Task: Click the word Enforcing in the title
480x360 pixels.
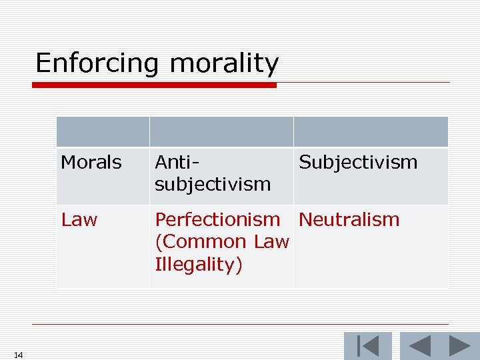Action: point(97,64)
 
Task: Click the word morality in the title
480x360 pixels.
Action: point(224,64)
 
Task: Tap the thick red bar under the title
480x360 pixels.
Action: point(155,85)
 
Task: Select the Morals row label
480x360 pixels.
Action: point(91,163)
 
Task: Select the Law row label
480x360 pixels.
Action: point(79,220)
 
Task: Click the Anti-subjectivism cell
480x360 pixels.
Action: point(213,173)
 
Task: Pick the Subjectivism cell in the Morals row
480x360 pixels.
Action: point(358,163)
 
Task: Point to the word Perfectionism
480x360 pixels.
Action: point(217,220)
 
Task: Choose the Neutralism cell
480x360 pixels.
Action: point(349,220)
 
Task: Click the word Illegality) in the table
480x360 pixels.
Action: point(199,265)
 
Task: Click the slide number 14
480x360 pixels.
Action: point(18,355)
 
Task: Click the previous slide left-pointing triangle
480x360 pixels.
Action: point(419,347)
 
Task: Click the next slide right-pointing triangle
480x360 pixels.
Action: point(459,347)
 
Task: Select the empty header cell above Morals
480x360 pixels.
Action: point(103,132)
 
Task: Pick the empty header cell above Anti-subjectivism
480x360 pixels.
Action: point(221,132)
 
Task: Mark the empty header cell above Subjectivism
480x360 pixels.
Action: point(371,132)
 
